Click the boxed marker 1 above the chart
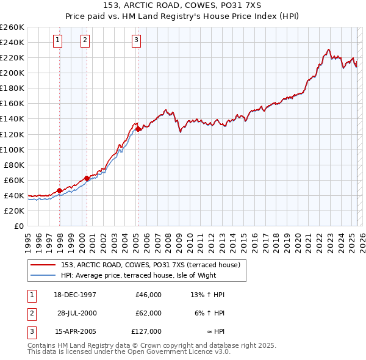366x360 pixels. click(57, 41)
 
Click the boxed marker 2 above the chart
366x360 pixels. click(85, 41)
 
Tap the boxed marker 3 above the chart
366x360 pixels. click(135, 41)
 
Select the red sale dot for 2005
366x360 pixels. click(138, 129)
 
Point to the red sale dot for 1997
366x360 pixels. click(60, 190)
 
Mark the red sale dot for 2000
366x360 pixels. click(87, 178)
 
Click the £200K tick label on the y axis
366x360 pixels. click(12, 73)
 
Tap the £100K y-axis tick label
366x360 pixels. click(12, 149)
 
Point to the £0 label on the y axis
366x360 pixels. click(18, 226)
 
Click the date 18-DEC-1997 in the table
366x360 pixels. click(75, 295)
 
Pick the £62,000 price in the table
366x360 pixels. click(148, 313)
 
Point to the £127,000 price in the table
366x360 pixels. click(146, 331)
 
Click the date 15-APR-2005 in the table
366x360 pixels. click(75, 331)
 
